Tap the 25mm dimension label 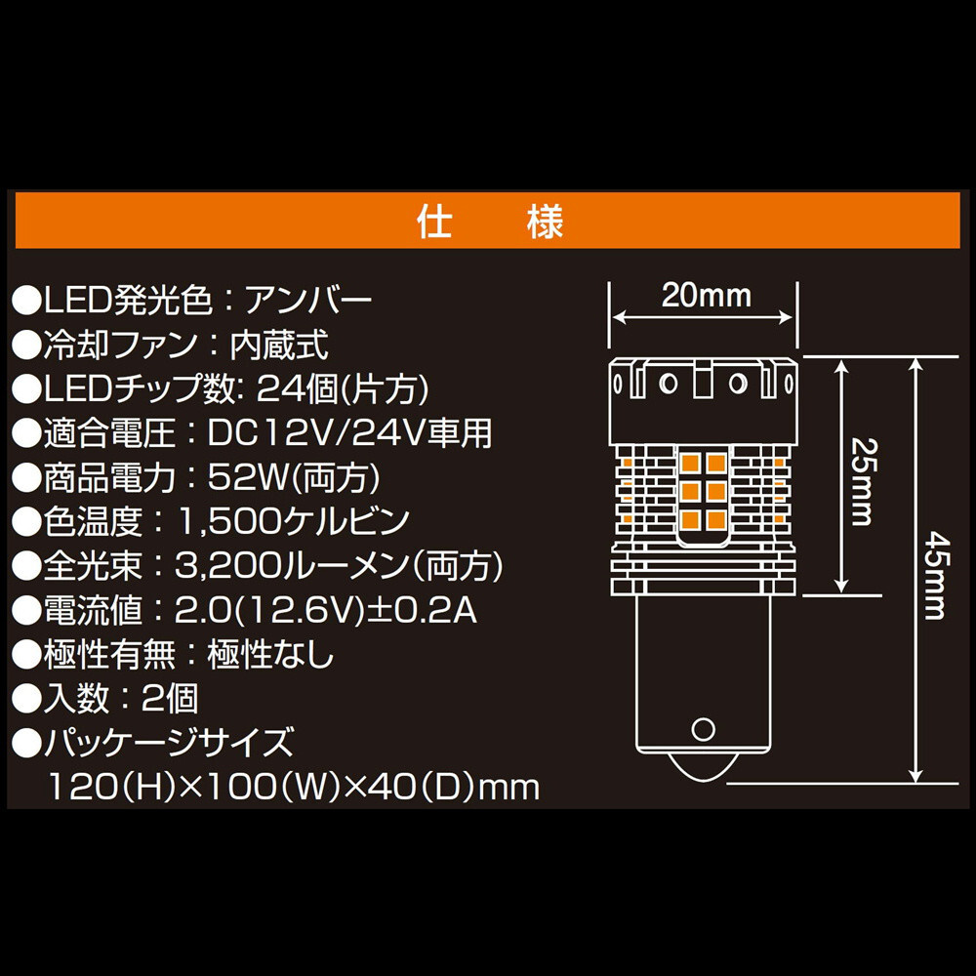[x=864, y=482]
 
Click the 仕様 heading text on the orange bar [x=490, y=221]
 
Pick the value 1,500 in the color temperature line [x=228, y=521]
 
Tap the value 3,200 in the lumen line [x=227, y=566]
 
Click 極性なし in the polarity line [x=270, y=654]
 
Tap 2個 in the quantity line [x=170, y=699]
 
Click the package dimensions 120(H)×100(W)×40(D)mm [x=294, y=787]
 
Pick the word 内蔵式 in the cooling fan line [x=279, y=345]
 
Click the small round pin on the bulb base [x=703, y=729]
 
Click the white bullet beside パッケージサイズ [x=26, y=743]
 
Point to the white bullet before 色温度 [x=26, y=522]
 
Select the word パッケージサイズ [x=168, y=743]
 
